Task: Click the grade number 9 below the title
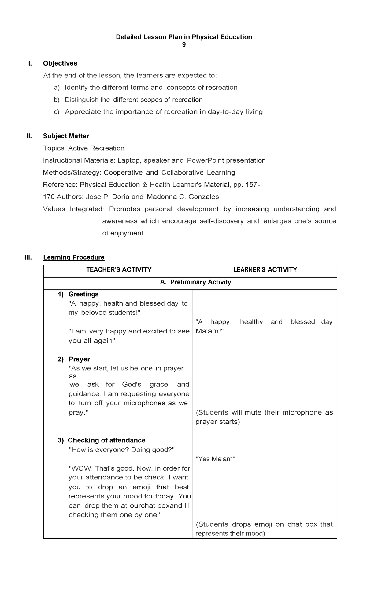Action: (184, 45)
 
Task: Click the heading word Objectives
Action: (60, 63)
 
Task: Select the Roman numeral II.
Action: (29, 136)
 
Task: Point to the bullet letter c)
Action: (56, 112)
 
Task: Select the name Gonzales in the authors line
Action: (203, 197)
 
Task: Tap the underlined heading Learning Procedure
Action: (74, 257)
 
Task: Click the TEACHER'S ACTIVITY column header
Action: (119, 270)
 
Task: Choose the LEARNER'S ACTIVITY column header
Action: (265, 270)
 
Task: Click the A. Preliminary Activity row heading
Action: (195, 282)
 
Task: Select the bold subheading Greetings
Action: (83, 294)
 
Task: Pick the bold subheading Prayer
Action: (79, 359)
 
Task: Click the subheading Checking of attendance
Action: (106, 440)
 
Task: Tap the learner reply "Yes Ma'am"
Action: (215, 459)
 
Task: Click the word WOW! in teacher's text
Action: (81, 468)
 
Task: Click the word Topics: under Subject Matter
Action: (54, 148)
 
